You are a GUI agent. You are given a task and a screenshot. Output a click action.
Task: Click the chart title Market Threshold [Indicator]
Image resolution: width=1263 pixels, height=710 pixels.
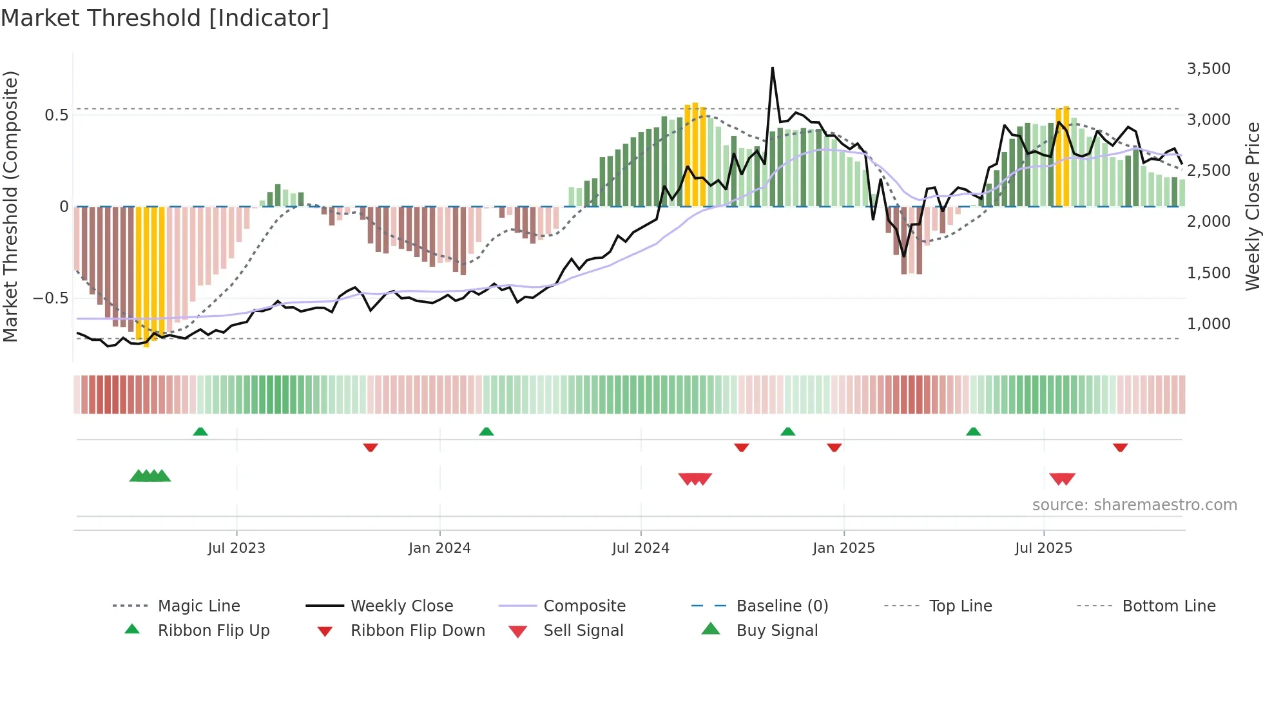pos(165,18)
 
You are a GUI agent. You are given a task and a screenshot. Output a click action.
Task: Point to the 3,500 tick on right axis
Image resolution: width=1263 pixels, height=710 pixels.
pos(1208,69)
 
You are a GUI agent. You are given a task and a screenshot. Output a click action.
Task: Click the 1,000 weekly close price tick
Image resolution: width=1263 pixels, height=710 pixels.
pos(1208,324)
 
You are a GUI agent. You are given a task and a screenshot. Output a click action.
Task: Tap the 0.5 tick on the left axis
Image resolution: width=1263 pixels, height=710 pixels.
pos(56,115)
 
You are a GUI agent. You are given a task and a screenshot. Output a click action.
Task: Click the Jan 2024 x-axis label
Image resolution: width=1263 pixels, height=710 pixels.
pos(439,548)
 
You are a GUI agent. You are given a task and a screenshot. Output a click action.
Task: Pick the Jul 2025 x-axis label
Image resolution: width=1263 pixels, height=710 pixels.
pos(1043,548)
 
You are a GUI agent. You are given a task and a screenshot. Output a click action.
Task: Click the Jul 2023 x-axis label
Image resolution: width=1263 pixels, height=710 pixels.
pos(236,548)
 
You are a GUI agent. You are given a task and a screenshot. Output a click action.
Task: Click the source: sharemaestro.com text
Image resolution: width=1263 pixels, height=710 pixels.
pos(1134,505)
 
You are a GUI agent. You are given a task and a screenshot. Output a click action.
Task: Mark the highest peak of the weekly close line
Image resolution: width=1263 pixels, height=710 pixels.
pos(772,68)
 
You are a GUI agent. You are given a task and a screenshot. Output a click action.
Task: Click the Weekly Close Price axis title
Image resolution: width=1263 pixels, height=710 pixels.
pos(1252,206)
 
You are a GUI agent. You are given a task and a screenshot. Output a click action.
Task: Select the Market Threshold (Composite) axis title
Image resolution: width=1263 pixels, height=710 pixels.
pos(10,206)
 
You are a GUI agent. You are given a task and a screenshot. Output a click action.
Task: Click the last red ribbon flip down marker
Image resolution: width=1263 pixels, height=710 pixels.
pos(1120,447)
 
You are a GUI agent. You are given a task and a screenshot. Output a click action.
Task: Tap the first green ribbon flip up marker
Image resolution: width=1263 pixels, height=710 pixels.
pos(200,432)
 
